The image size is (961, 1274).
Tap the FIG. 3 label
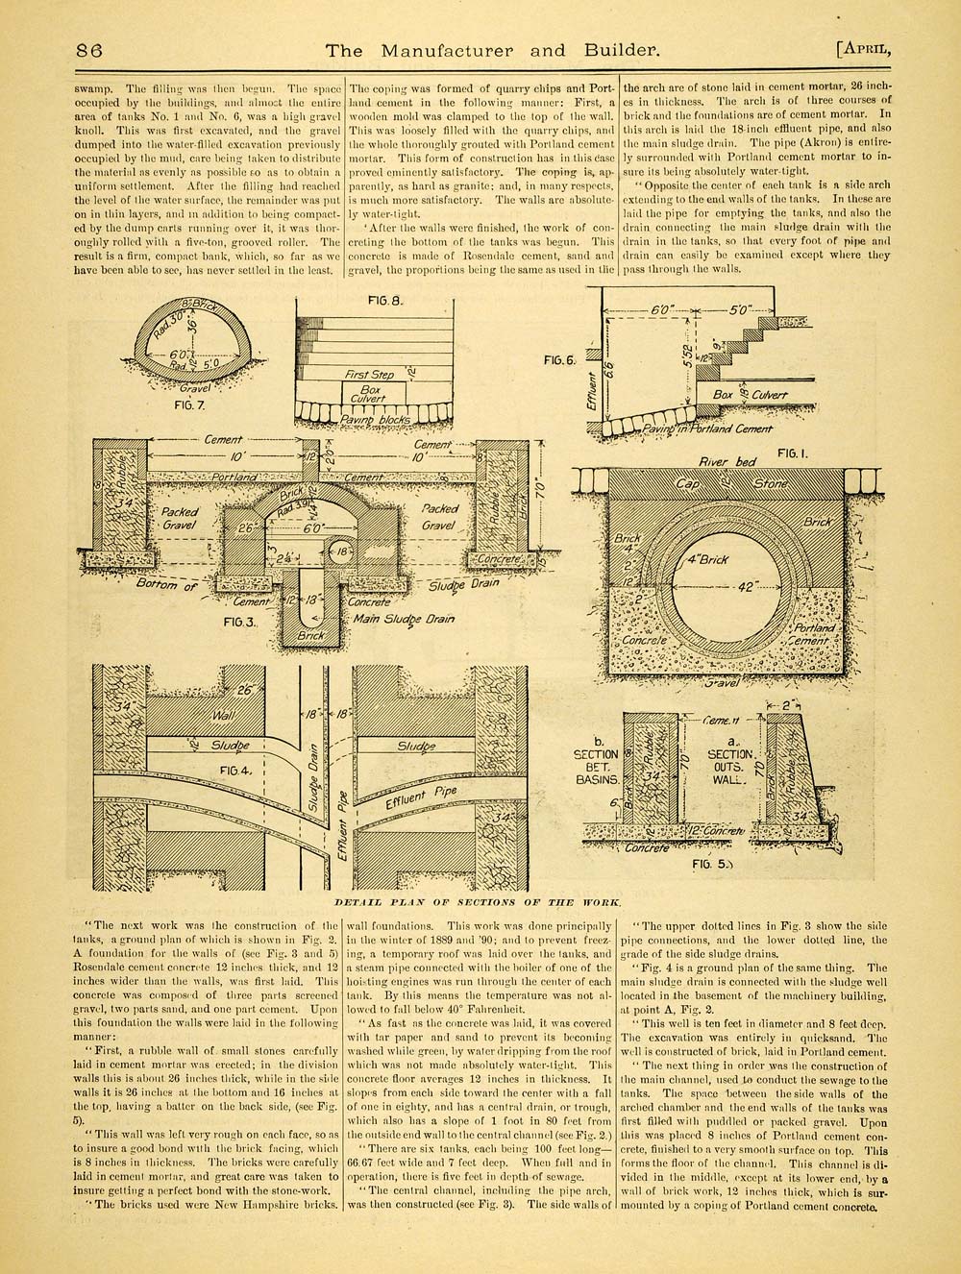(245, 622)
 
